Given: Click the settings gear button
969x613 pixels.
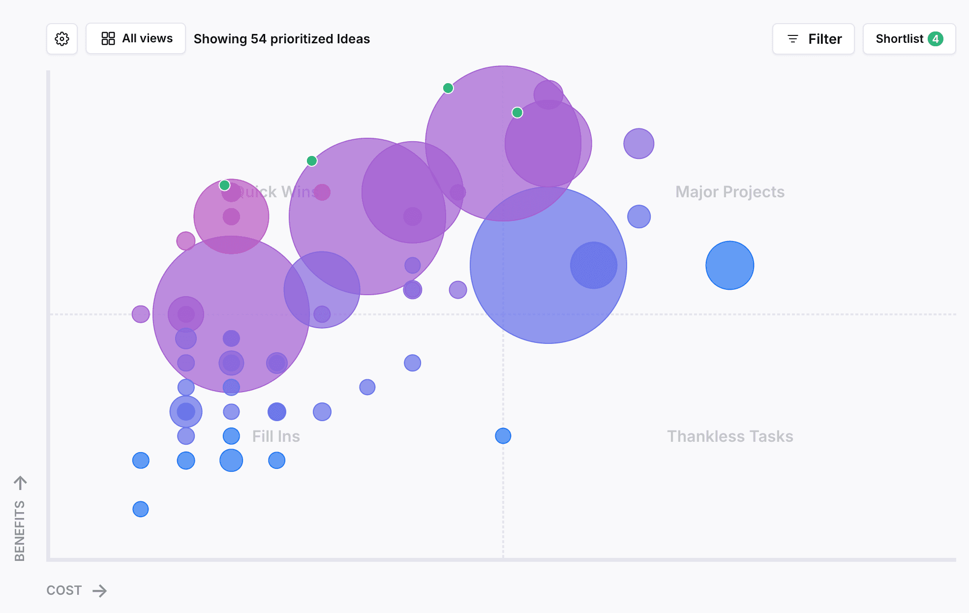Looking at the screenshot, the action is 62,39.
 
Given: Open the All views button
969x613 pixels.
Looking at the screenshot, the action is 136,38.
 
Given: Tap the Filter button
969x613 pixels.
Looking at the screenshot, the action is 814,39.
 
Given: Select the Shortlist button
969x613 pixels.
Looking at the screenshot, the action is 909,39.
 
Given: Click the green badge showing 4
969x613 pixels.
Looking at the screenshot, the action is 936,39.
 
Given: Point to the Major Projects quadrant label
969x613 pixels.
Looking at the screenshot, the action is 730,192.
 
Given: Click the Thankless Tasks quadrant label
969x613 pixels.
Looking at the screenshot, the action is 730,436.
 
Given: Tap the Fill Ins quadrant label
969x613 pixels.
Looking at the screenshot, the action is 276,436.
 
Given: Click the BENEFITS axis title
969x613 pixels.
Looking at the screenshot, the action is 20,531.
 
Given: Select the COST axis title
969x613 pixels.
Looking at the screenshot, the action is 64,590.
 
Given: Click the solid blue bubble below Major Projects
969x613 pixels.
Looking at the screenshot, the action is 730,265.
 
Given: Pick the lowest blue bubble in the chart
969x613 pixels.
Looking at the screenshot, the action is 141,509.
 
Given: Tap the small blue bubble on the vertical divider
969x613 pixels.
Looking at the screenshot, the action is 503,436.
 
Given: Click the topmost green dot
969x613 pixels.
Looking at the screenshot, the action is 448,88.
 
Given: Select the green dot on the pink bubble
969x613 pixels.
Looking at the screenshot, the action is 225,185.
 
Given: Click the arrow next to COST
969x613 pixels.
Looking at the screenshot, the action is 100,590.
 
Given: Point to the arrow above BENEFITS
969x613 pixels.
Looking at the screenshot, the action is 20,483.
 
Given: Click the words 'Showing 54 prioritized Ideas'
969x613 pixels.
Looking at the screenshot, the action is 282,39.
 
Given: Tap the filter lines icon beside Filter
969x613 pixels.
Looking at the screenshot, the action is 793,39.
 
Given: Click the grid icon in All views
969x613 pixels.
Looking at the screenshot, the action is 108,38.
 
